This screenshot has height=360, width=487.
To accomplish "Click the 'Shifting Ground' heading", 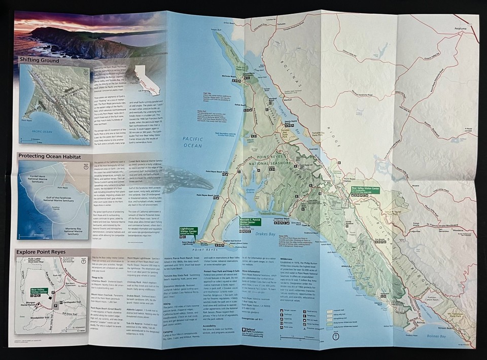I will (x=40, y=60).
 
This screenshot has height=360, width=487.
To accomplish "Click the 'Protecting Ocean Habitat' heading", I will (x=50, y=156).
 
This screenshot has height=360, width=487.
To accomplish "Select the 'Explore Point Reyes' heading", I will (x=43, y=251).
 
